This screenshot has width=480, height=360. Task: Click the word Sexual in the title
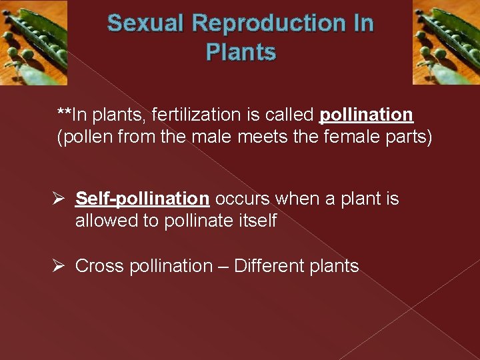[x=145, y=23]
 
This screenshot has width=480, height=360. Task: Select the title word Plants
[x=241, y=52]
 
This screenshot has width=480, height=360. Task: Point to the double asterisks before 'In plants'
[x=64, y=113]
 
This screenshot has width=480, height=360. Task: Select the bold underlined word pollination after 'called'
[x=366, y=115]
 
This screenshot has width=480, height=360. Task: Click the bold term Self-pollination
[x=142, y=199]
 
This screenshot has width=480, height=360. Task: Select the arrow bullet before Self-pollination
[x=59, y=199]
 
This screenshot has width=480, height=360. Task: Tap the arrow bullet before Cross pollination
[x=59, y=266]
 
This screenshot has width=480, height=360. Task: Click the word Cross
[x=99, y=266]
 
